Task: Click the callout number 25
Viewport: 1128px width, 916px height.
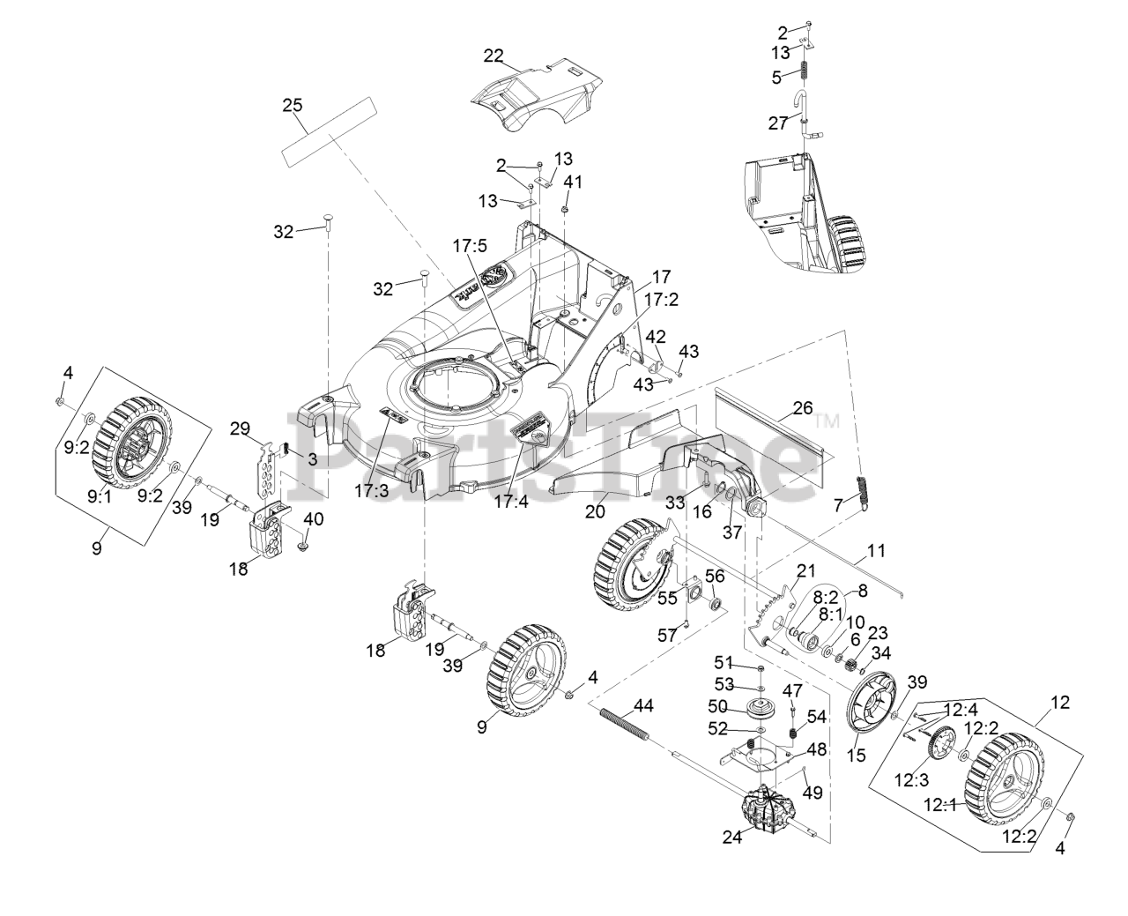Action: [292, 105]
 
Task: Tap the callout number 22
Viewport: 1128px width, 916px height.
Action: [493, 56]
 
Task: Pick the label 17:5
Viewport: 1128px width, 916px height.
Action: [471, 246]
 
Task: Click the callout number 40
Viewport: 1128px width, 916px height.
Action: [313, 518]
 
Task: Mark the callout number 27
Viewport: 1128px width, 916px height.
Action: [777, 123]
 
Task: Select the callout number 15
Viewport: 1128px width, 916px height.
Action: [856, 755]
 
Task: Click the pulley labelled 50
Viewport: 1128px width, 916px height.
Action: [757, 709]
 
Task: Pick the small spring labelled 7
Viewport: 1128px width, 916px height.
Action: [865, 490]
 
